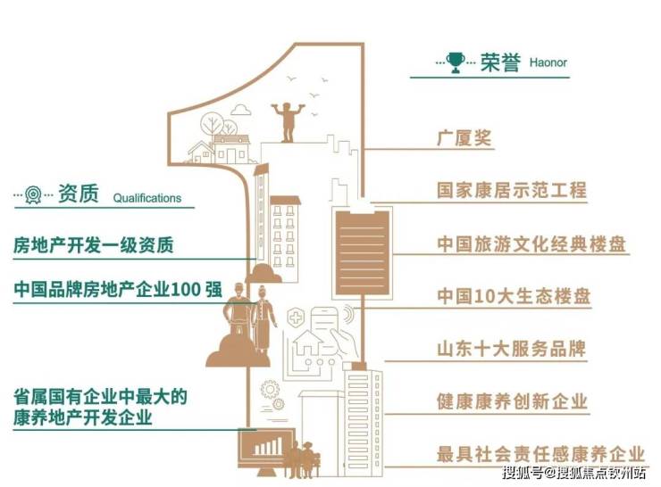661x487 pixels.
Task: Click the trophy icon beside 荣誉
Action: coord(456,62)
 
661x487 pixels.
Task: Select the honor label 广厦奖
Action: coord(464,138)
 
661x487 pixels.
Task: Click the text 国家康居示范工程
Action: coord(512,190)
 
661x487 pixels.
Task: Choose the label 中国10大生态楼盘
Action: coord(514,295)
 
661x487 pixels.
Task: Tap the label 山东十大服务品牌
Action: coord(511,349)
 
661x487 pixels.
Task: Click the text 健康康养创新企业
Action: coord(512,401)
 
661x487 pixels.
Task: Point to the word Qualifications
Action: coord(146,199)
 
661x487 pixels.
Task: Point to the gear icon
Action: coord(269,389)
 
